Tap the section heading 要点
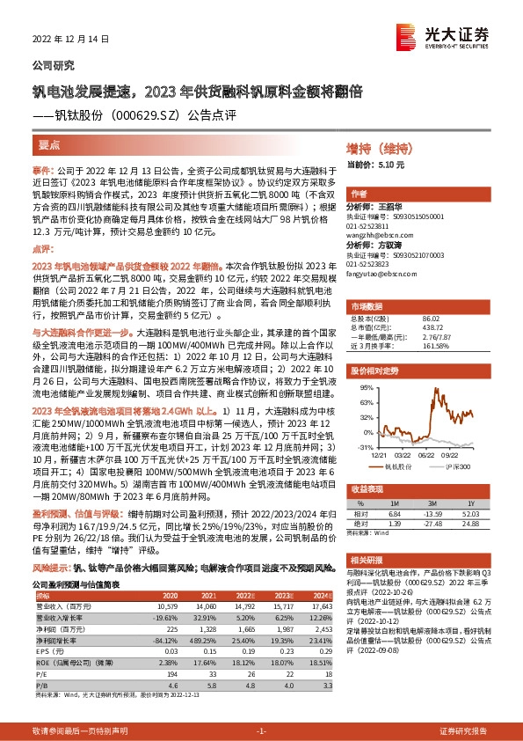tap(49, 143)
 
